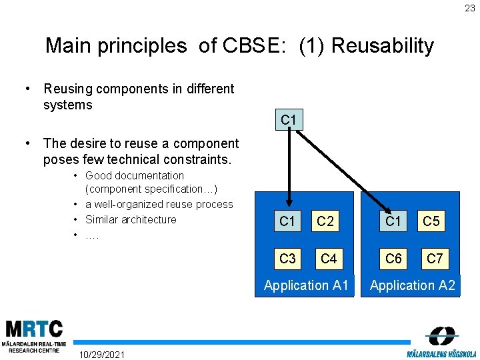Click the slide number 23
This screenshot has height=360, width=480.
tap(470, 9)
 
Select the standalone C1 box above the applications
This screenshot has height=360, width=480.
tap(289, 120)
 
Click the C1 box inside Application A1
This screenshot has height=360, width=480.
tap(287, 221)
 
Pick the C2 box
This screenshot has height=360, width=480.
tap(325, 221)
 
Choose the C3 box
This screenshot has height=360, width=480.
tap(287, 258)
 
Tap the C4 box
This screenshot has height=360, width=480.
tap(328, 258)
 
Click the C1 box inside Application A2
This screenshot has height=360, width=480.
tap(393, 221)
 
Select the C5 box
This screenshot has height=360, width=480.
tap(431, 221)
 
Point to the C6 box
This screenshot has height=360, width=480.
tap(393, 258)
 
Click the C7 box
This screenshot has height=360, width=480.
tap(434, 258)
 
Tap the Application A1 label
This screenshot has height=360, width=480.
tap(306, 285)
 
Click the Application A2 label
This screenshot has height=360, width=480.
tap(412, 285)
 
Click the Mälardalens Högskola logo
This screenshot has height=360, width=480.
tap(441, 342)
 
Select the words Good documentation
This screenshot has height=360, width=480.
tap(135, 175)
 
